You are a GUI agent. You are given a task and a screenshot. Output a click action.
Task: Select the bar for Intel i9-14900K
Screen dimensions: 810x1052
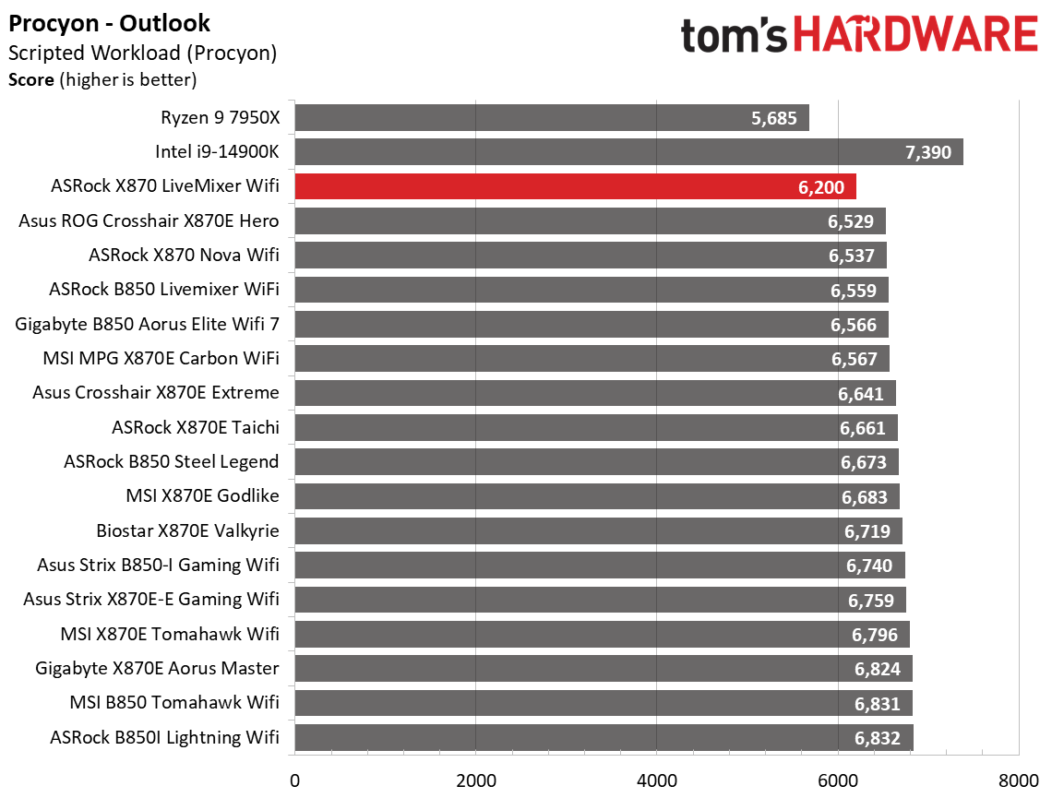pyautogui.click(x=628, y=152)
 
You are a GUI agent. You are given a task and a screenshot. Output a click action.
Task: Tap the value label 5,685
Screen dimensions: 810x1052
pyautogui.click(x=775, y=118)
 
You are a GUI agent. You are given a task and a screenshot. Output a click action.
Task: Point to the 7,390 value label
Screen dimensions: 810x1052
pyautogui.click(x=928, y=152)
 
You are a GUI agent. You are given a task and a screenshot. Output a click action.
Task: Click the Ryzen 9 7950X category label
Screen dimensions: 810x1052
pyautogui.click(x=220, y=117)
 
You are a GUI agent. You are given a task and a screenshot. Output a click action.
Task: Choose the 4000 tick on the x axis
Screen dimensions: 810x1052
pyautogui.click(x=656, y=780)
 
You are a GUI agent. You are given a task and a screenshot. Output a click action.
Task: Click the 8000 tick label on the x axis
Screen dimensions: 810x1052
pyautogui.click(x=1018, y=780)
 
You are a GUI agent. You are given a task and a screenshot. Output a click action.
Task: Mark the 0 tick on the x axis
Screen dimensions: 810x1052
pyautogui.click(x=294, y=780)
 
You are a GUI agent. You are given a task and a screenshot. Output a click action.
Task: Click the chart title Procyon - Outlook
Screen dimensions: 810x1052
pyautogui.click(x=110, y=23)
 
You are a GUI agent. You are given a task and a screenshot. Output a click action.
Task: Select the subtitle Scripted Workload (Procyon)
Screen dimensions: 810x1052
pyautogui.click(x=142, y=53)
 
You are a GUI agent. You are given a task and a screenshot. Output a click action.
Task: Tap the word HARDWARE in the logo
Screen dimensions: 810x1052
pyautogui.click(x=914, y=36)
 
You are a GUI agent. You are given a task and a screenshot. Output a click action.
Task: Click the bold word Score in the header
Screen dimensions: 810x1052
pyautogui.click(x=31, y=79)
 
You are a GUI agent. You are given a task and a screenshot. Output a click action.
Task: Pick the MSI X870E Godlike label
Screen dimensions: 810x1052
pyautogui.click(x=202, y=496)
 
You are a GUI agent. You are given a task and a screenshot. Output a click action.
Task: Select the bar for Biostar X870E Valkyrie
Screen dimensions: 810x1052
pyautogui.click(x=598, y=531)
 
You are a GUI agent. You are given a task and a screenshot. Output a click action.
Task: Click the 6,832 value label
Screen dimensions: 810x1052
pyautogui.click(x=877, y=738)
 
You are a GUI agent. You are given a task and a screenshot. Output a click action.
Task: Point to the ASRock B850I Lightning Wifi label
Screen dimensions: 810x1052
pyautogui.click(x=165, y=737)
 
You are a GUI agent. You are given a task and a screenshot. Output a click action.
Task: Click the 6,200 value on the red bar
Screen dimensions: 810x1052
pyautogui.click(x=820, y=187)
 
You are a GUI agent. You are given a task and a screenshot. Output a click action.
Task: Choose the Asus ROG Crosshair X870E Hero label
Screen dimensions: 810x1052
pyautogui.click(x=149, y=220)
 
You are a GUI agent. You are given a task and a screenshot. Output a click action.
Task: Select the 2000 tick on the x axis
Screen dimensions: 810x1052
pyautogui.click(x=475, y=780)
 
